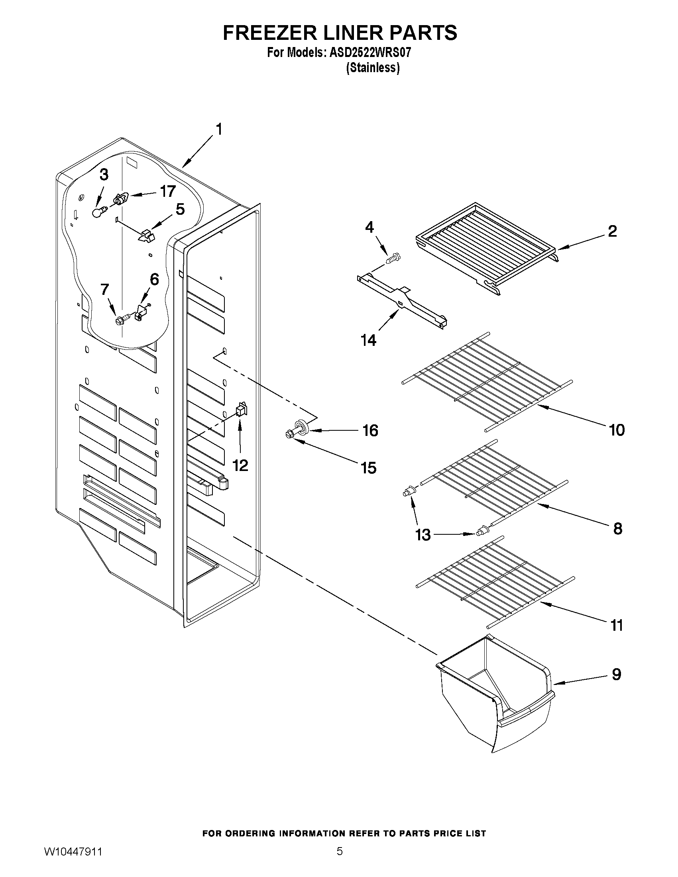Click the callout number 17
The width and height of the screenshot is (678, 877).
[168, 191]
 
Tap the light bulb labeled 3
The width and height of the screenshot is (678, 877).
[97, 212]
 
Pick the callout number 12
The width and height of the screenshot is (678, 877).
[240, 465]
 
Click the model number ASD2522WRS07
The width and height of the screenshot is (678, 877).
[370, 53]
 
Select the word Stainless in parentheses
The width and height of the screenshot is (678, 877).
[373, 68]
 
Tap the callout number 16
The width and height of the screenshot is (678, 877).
[370, 430]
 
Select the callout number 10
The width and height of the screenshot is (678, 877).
[617, 430]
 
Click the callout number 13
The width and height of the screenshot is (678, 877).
[423, 534]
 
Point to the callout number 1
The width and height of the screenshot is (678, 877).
[219, 129]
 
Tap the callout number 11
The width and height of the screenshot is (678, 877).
[617, 625]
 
